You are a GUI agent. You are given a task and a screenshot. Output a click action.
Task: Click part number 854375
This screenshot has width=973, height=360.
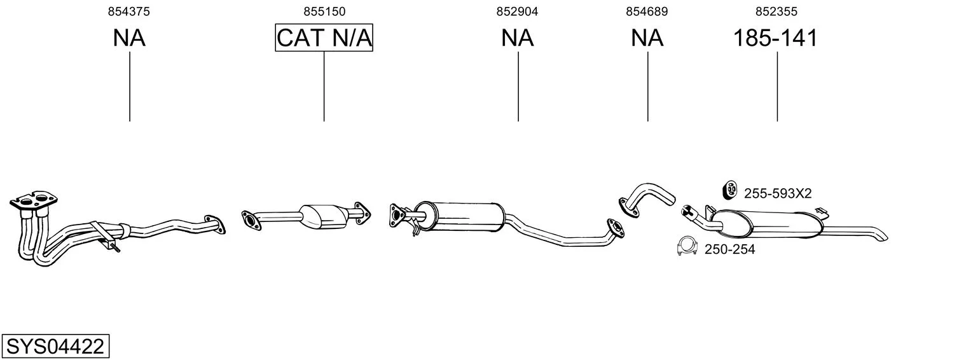[x=128, y=11]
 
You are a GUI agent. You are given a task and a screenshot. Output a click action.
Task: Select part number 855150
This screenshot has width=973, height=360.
[x=324, y=11]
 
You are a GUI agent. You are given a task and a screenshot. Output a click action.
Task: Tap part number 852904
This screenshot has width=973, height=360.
[x=517, y=11]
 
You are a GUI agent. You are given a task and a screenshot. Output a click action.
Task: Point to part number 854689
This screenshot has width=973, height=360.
[x=646, y=11]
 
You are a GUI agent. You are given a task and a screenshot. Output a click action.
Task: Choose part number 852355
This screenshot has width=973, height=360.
[x=776, y=11]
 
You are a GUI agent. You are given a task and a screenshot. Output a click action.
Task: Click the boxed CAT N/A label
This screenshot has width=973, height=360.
[x=324, y=38]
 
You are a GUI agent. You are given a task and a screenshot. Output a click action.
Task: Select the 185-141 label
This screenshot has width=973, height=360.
[x=775, y=38]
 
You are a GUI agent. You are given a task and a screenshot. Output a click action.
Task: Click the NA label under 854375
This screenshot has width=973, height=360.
[x=129, y=38]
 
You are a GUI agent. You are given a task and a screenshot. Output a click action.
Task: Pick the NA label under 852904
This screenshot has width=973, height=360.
[x=517, y=38]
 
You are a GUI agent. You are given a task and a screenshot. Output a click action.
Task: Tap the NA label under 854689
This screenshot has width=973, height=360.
[x=647, y=38]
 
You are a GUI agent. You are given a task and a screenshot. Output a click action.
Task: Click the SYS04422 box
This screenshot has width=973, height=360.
[x=55, y=346]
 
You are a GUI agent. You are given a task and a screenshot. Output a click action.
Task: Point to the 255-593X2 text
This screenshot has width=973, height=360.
[x=778, y=193]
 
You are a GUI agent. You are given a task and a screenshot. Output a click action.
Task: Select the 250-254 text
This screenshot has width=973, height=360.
[x=730, y=249]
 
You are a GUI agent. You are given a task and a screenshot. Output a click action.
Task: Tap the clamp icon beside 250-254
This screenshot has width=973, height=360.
[x=687, y=246]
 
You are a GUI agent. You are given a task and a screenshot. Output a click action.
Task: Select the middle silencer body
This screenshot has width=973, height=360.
[x=460, y=216]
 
